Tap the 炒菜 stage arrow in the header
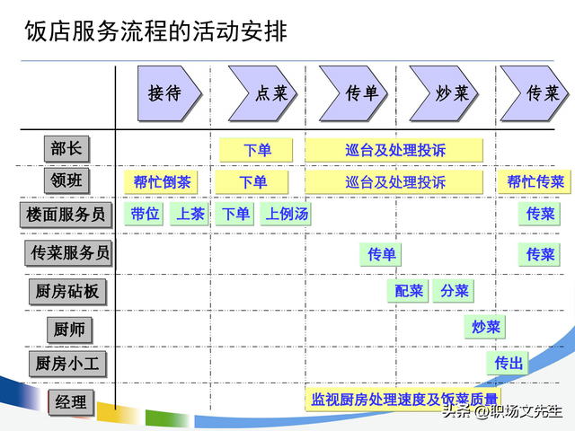click(447, 92)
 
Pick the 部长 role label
click(66, 148)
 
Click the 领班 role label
click(66, 180)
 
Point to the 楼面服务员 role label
click(66, 214)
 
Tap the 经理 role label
click(70, 402)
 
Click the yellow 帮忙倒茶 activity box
click(162, 182)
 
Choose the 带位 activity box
click(145, 214)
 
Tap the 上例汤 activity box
click(287, 214)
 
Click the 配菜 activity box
click(409, 290)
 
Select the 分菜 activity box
click(454, 290)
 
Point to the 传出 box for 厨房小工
click(509, 364)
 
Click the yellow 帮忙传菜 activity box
click(535, 182)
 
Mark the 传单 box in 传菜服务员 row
click(382, 255)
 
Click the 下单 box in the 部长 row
click(256, 150)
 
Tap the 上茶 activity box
click(190, 214)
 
